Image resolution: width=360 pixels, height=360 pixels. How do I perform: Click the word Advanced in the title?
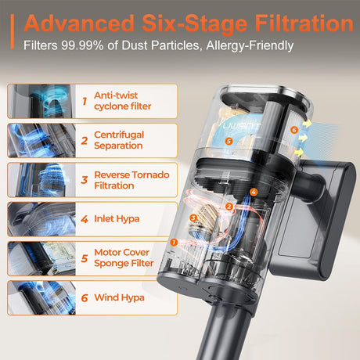(79, 23)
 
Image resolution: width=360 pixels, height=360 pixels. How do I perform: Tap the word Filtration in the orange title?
(304, 23)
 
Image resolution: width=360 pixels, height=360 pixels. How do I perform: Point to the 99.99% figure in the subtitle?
(82, 45)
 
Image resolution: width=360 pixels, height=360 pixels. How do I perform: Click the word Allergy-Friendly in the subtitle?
(250, 46)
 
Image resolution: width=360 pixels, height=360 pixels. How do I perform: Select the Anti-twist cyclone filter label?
(123, 101)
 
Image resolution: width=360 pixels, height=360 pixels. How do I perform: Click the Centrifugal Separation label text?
(119, 140)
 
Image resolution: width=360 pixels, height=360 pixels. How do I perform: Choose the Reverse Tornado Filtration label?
(131, 180)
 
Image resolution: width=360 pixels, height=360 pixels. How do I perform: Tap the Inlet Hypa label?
(117, 219)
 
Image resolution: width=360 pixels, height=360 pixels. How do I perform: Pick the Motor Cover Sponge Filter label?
(124, 257)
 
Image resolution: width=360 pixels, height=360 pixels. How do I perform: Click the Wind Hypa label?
(119, 297)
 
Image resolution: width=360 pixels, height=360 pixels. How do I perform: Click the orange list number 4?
(85, 219)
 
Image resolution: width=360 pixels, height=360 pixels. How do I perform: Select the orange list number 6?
(85, 298)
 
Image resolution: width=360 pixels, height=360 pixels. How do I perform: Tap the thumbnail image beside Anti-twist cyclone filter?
(41, 101)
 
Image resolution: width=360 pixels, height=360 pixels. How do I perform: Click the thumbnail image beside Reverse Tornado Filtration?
(41, 180)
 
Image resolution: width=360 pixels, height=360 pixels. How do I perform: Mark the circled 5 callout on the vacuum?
(229, 141)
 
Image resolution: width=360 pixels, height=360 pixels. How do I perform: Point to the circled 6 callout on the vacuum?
(294, 130)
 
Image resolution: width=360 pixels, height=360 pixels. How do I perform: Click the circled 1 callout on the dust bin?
(174, 243)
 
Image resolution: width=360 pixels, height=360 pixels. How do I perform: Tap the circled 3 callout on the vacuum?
(193, 218)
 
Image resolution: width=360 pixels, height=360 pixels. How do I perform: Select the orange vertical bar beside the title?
(12, 31)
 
